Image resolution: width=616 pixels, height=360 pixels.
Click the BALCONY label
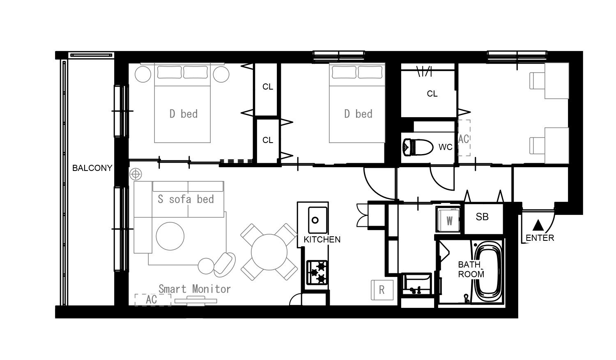(x=92, y=168)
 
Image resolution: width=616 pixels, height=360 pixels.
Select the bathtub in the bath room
(x=489, y=272)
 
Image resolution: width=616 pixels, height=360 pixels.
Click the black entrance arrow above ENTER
(x=538, y=225)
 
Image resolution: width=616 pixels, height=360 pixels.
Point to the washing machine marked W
(x=448, y=219)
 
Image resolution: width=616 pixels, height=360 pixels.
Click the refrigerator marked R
(x=382, y=290)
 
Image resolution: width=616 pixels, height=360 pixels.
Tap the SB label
(x=482, y=217)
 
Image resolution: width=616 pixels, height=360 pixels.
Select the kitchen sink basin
(x=317, y=220)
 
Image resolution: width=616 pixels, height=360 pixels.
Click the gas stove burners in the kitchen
(x=317, y=272)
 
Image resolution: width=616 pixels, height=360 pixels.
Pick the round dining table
(x=269, y=252)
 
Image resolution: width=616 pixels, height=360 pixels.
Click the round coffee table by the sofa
(x=170, y=236)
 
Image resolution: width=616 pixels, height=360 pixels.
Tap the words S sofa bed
(x=186, y=199)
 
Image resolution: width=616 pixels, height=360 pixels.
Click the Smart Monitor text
(x=194, y=289)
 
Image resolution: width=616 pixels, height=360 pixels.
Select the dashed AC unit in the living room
(x=153, y=300)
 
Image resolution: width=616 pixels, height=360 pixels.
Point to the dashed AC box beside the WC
(x=464, y=138)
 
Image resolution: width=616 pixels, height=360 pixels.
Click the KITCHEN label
(x=322, y=240)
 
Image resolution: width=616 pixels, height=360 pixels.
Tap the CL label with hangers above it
(x=432, y=94)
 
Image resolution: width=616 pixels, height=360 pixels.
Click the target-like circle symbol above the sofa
(x=136, y=174)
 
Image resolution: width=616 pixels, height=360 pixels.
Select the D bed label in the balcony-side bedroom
(x=184, y=114)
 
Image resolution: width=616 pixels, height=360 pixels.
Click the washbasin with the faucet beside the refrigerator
(x=416, y=284)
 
